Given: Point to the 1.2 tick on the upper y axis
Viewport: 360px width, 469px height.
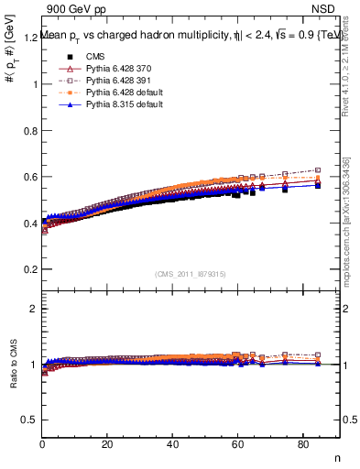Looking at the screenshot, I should click(x=29, y=38).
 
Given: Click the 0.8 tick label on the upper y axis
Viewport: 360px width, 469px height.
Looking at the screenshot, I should click(x=29, y=131).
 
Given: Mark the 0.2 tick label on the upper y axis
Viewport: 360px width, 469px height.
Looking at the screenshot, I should click(x=29, y=270).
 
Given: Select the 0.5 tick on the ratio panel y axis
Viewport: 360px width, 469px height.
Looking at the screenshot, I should click(x=29, y=420).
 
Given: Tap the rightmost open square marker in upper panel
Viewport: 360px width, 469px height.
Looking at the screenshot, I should click(x=318, y=170).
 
